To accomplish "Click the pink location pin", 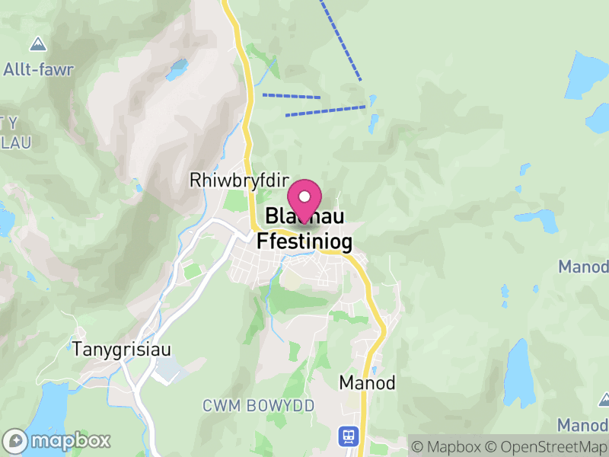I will (304, 200).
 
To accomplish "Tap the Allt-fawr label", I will (38, 70).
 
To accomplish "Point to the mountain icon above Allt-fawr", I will (37, 43).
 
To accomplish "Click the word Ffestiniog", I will (304, 241).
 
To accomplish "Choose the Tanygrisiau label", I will (122, 350).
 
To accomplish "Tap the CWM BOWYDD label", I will (258, 406).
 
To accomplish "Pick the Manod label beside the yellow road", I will (368, 383).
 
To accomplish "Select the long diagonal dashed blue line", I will (340, 40).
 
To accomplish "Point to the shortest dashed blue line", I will (292, 96).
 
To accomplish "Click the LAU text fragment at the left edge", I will (15, 142).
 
